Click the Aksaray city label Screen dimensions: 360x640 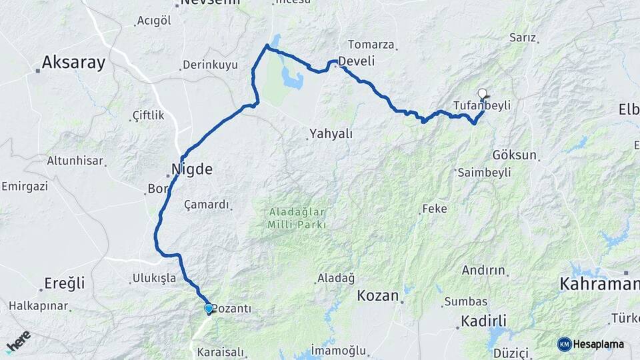(x=73, y=63)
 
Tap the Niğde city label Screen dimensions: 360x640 (x=192, y=169)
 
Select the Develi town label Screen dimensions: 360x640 (x=357, y=61)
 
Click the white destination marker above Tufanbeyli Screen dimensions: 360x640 (x=483, y=93)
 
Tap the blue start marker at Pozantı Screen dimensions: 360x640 (x=209, y=309)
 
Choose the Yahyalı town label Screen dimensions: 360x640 (x=331, y=134)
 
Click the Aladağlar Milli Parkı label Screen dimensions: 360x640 (x=297, y=218)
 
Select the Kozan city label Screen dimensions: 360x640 (x=378, y=295)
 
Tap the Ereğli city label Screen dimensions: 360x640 (x=65, y=283)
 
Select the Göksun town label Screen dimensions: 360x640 (x=514, y=155)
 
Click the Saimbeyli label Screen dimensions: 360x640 (x=485, y=172)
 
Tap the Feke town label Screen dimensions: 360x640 (x=435, y=209)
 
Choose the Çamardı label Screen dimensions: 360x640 (x=207, y=205)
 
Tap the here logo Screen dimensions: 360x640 (x=18, y=341)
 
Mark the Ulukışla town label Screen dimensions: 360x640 (x=154, y=277)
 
